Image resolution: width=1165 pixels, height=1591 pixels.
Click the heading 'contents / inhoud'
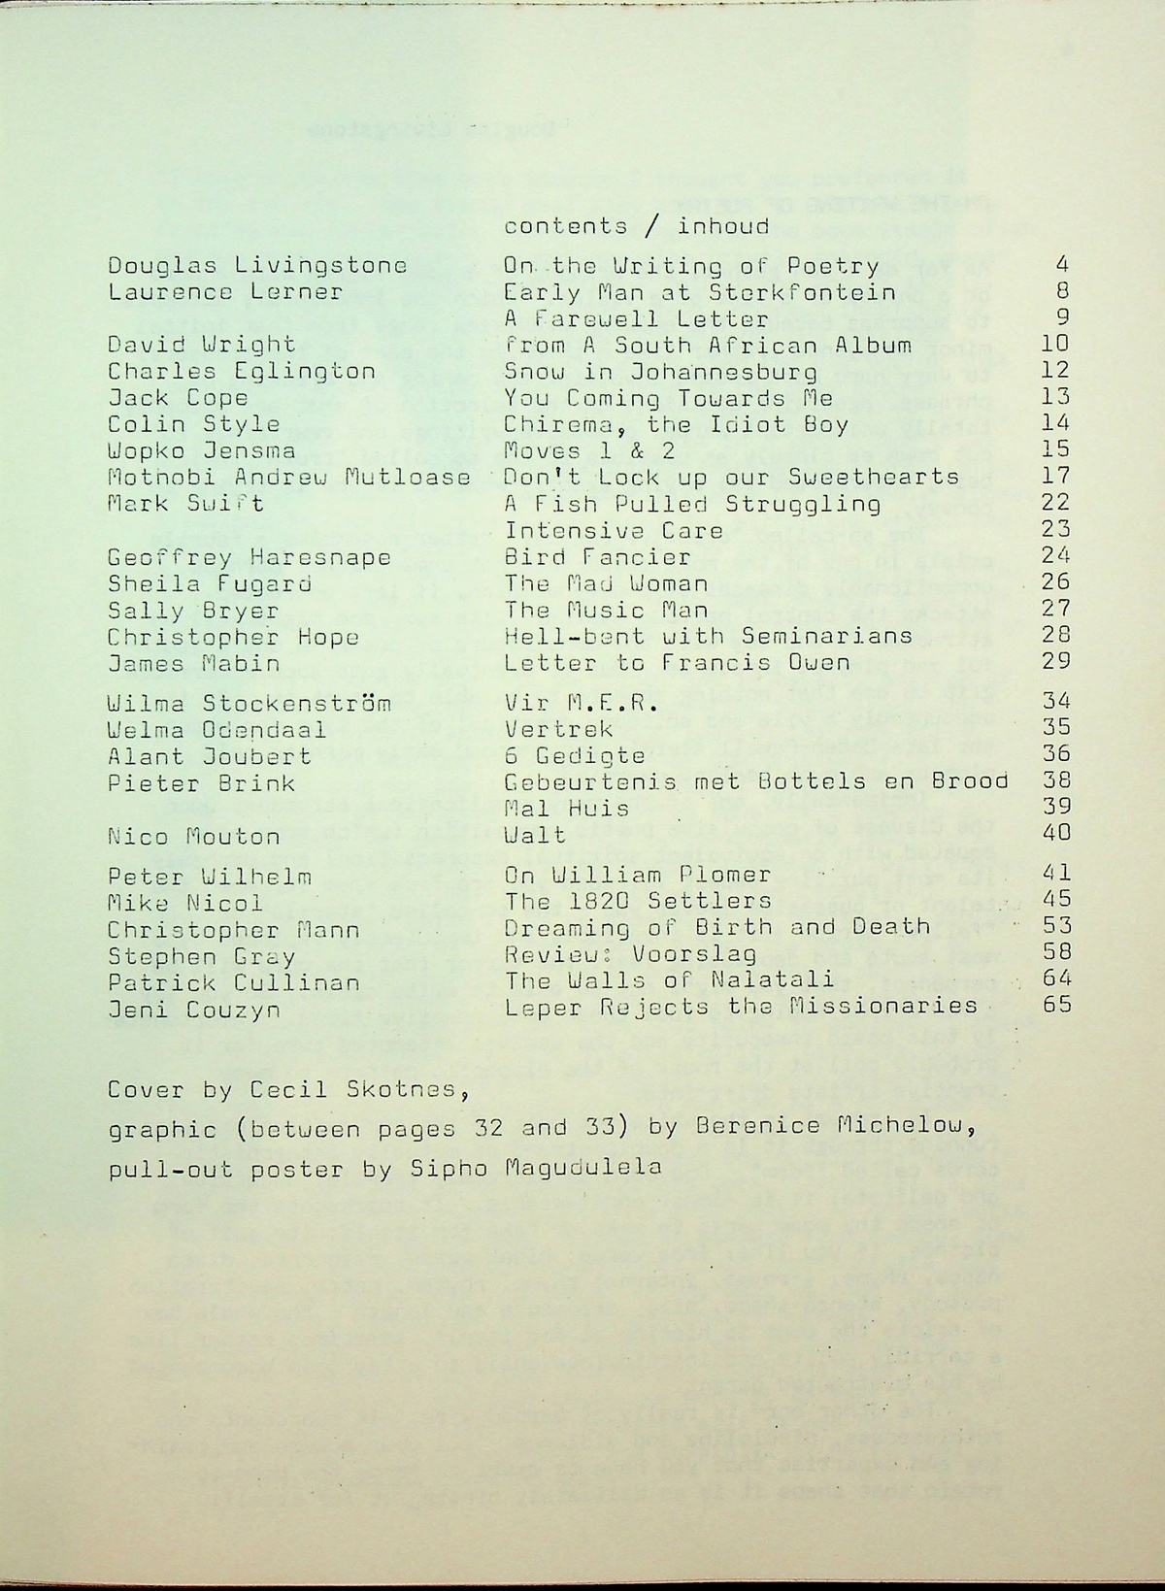tap(636, 227)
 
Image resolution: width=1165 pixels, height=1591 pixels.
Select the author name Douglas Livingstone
tap(257, 266)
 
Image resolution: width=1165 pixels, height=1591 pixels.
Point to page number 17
tap(1055, 476)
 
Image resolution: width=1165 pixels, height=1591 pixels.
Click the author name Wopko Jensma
tap(202, 450)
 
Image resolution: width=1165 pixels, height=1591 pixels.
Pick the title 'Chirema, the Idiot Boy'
tap(676, 424)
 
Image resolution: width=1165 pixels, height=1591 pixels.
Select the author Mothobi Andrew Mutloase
tap(289, 477)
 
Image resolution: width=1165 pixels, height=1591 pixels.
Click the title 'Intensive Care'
tap(614, 530)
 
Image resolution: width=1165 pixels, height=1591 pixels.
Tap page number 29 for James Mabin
tap(1055, 662)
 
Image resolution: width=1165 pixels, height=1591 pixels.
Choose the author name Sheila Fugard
tap(210, 583)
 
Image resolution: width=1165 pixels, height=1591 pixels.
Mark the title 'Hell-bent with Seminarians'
tap(709, 636)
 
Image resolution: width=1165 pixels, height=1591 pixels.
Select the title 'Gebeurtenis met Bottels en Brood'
tap(756, 781)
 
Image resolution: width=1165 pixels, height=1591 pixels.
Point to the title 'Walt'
tap(535, 834)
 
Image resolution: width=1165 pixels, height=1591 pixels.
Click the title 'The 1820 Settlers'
tap(638, 901)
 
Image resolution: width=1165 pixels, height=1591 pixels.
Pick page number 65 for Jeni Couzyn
tap(1057, 1005)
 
